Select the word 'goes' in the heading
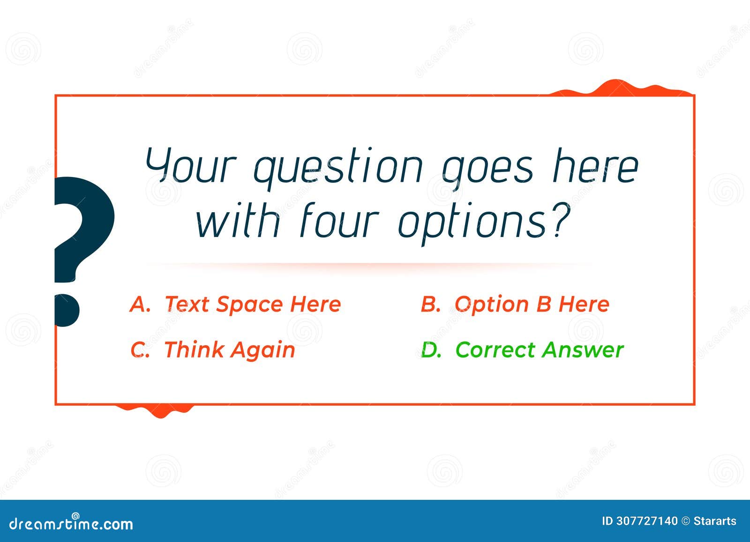pos(488,168)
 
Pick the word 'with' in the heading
pos(238,221)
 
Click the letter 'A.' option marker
pos(140,304)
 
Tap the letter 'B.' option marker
pos(430,304)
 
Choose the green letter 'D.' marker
pos(431,350)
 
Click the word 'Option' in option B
pos(492,305)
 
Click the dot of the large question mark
pos(67,310)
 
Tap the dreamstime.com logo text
pos(71,523)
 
